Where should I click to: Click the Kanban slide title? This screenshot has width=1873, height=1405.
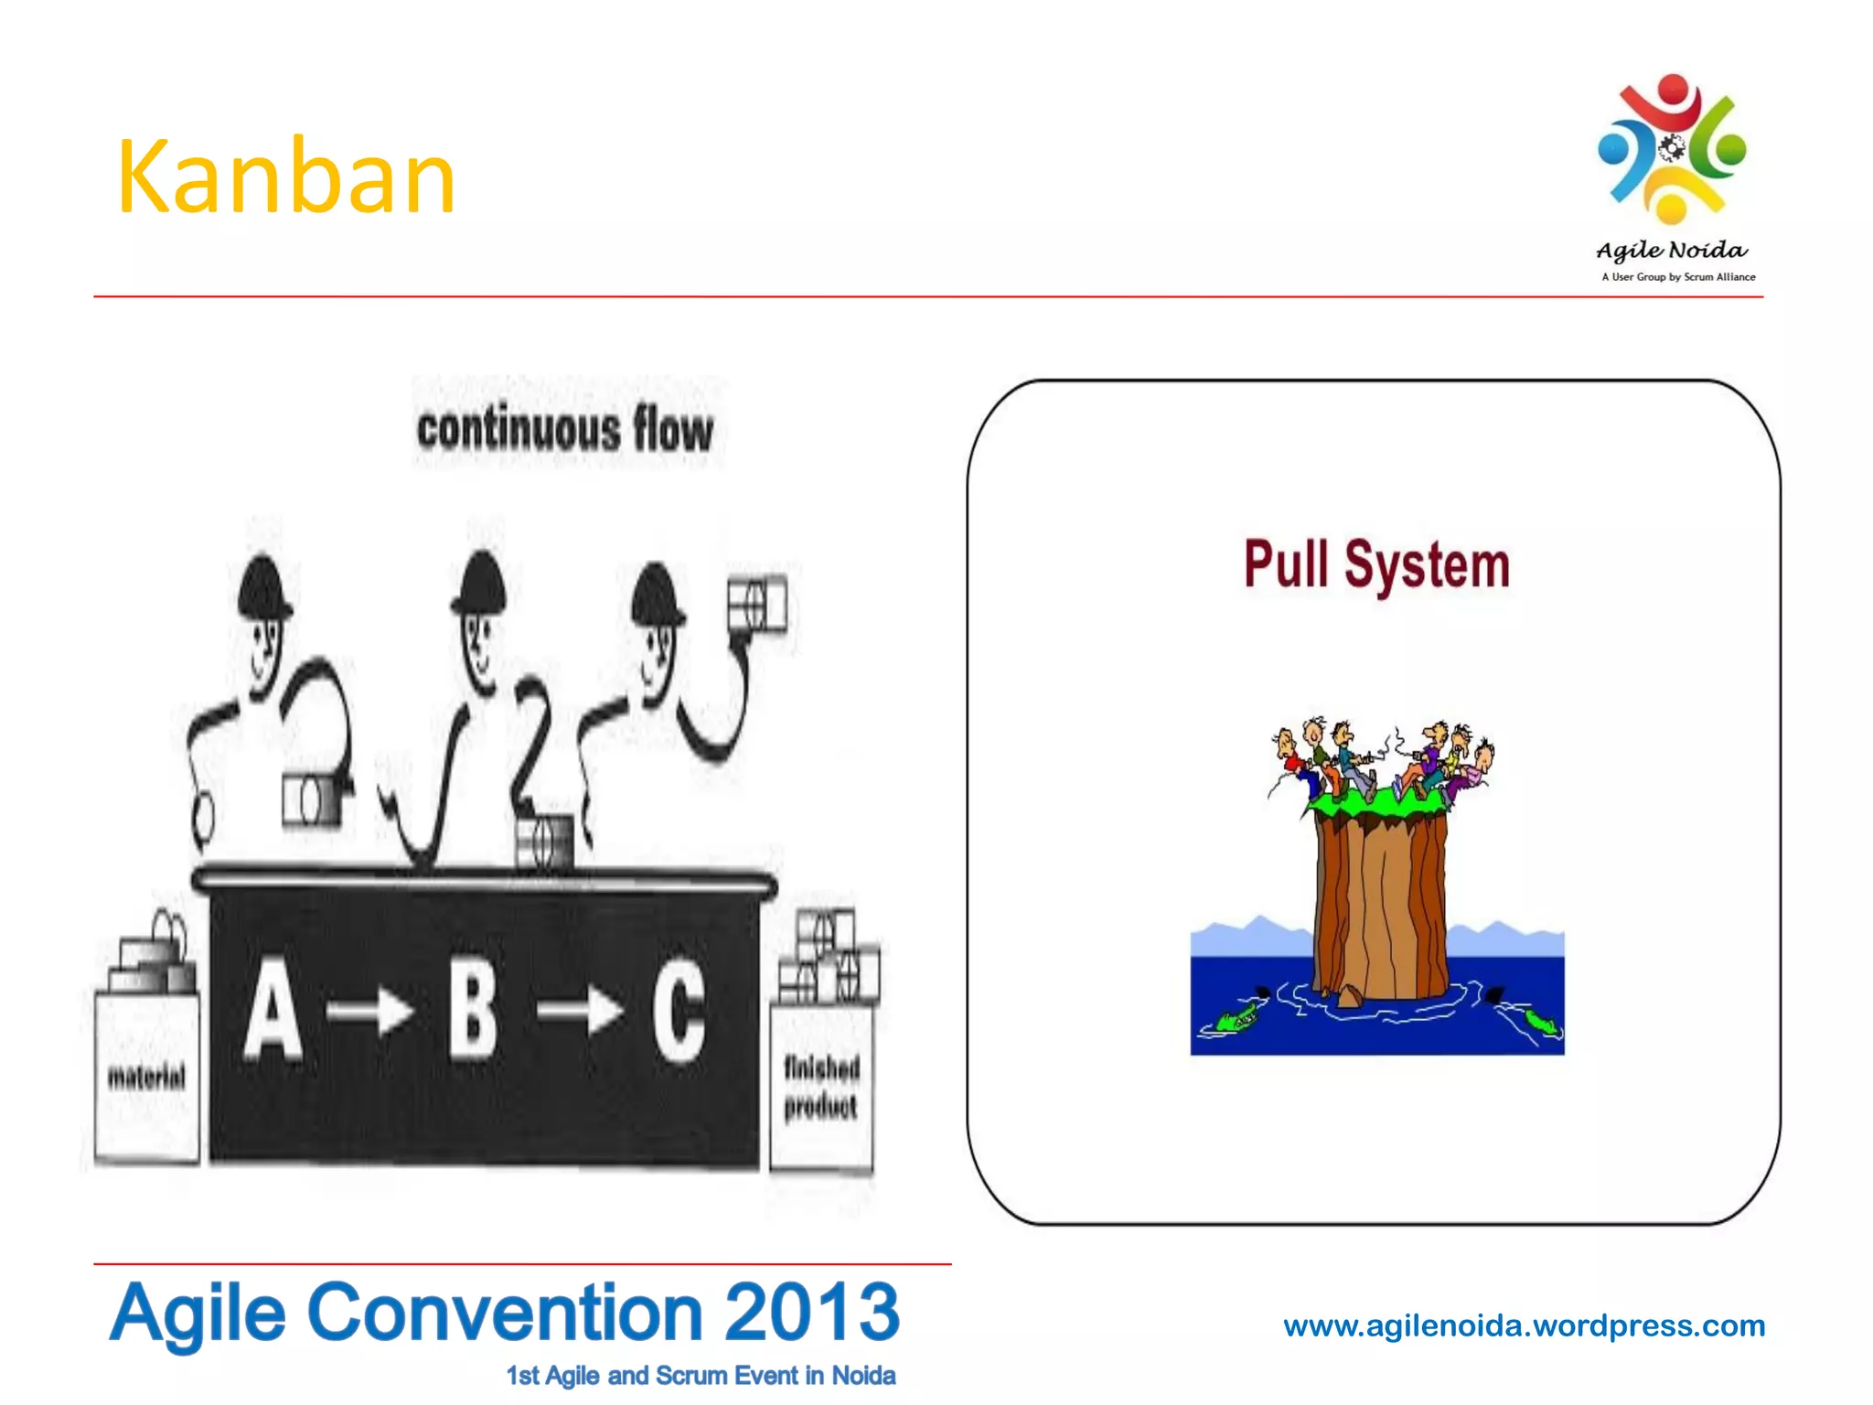[285, 177]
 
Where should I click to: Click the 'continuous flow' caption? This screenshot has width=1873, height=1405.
[564, 429]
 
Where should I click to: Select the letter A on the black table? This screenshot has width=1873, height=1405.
[273, 1009]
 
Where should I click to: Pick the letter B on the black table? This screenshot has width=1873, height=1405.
[474, 1009]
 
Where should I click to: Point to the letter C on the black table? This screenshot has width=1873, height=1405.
[679, 1011]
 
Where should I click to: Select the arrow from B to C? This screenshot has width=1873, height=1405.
[580, 1012]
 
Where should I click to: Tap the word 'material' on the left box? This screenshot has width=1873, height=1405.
[146, 1077]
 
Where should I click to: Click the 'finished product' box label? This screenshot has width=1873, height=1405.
[821, 1088]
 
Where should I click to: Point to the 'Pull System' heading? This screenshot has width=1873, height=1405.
[1376, 564]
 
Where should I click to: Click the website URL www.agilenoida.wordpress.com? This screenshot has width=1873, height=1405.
[1524, 1325]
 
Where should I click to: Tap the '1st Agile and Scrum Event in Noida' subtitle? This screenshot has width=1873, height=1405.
[701, 1376]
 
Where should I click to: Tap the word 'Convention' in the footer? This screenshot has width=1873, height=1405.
[505, 1312]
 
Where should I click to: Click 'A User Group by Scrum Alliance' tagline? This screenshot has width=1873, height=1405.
[1678, 277]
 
